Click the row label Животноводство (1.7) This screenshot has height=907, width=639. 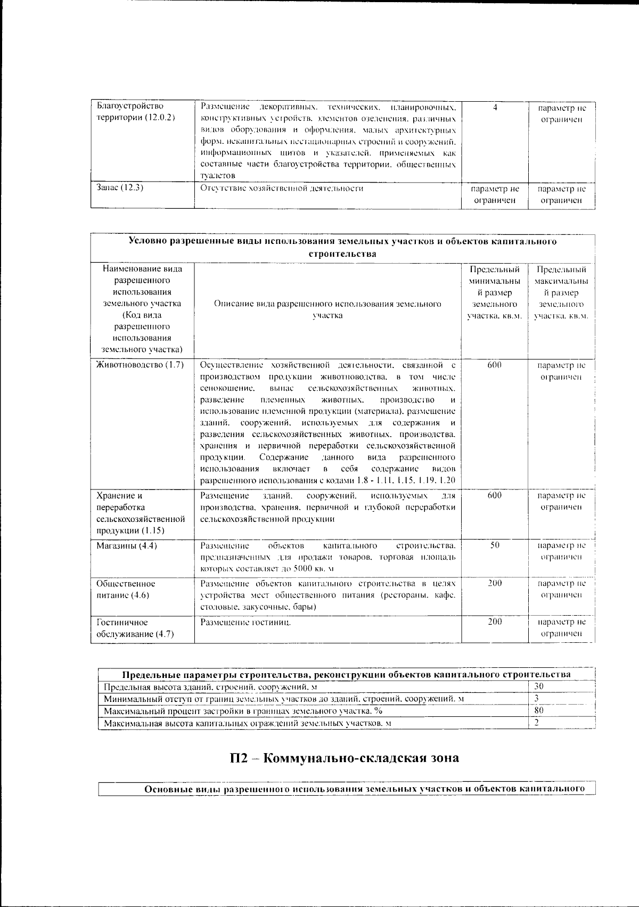click(x=140, y=365)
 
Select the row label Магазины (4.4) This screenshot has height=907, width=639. click(x=126, y=545)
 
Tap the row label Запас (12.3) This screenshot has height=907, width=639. click(x=120, y=188)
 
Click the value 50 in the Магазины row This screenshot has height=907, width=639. click(x=495, y=545)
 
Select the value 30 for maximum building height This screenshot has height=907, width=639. click(x=539, y=687)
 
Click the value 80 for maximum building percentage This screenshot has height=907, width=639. click(x=539, y=710)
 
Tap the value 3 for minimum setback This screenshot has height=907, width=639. click(x=537, y=699)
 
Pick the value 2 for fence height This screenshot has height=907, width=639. click(x=537, y=723)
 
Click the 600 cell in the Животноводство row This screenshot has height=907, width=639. click(x=495, y=365)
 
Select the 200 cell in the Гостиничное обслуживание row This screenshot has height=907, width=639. click(x=495, y=622)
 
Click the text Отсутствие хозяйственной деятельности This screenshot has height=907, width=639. click(x=282, y=188)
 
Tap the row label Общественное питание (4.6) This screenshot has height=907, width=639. click(x=126, y=589)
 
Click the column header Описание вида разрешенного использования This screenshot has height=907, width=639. click(x=327, y=309)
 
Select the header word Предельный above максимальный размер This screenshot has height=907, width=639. click(x=561, y=269)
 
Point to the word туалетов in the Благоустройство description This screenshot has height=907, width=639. click(x=218, y=175)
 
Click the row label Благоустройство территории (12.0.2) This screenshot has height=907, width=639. click(x=135, y=112)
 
